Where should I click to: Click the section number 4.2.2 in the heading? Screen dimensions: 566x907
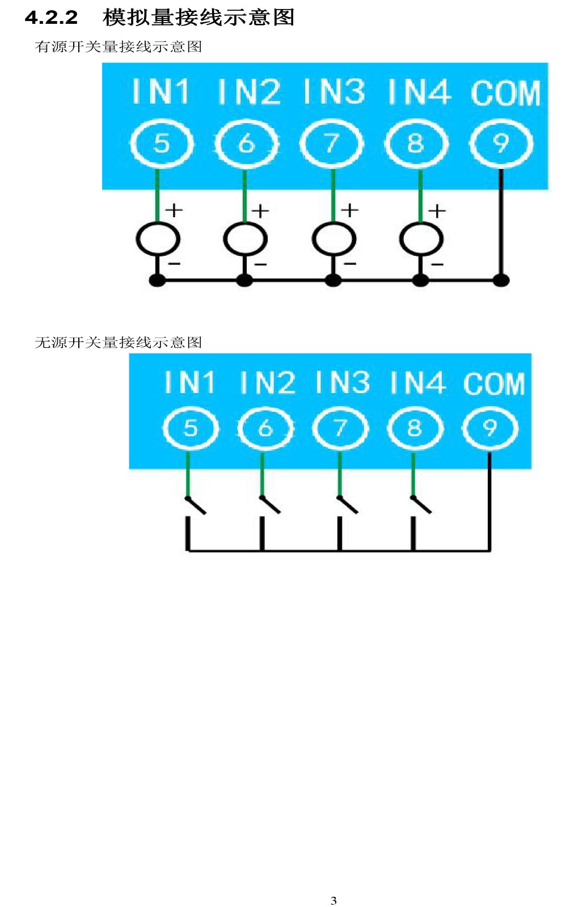click(52, 18)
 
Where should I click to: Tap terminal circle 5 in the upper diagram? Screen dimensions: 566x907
click(162, 144)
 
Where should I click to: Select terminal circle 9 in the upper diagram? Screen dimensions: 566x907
click(501, 144)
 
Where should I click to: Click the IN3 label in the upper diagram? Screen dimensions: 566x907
click(334, 91)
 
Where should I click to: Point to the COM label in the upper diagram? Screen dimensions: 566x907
click(506, 92)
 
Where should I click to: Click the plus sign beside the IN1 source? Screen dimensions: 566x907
click(174, 210)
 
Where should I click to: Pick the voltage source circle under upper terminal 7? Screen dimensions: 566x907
click(334, 239)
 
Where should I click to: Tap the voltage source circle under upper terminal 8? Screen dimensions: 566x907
click(421, 239)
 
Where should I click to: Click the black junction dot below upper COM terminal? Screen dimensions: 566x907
click(501, 280)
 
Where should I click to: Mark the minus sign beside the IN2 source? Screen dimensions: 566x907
click(261, 264)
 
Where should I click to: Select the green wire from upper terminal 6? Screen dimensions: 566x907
click(244, 195)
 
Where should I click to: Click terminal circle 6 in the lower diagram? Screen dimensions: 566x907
click(265, 428)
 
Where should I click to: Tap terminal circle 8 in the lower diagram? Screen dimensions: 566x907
click(415, 428)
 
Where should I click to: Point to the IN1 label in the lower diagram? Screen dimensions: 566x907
click(189, 382)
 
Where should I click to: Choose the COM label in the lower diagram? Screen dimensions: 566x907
click(495, 383)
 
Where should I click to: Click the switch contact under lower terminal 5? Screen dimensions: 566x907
click(196, 505)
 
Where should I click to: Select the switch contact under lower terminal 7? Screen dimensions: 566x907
click(348, 504)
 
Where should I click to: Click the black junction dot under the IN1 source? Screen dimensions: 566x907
click(158, 280)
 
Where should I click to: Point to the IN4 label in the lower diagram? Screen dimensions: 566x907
click(417, 382)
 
